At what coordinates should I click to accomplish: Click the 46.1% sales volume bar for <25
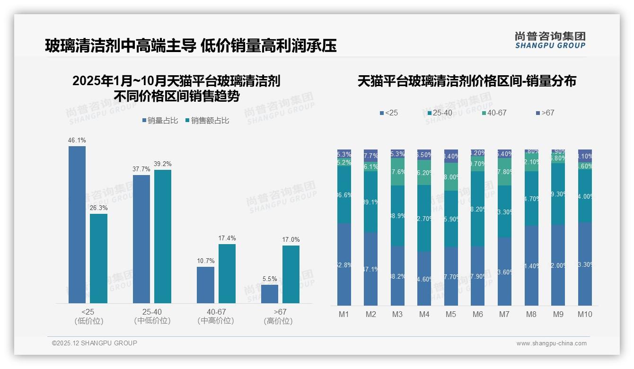pos(77,224)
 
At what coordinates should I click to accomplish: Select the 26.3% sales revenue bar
pos(98,258)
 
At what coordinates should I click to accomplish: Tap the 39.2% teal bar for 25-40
pos(163,236)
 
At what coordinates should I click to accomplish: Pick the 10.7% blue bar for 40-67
pos(205,285)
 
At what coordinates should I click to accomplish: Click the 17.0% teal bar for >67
pos(291,274)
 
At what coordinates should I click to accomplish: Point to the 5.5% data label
pos(269,279)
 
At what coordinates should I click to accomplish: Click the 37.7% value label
pos(141,169)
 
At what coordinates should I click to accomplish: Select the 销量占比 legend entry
pos(160,121)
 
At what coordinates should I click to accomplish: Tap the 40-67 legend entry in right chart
pos(494,113)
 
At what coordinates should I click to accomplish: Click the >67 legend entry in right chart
pos(545,113)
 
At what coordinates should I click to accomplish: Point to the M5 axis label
pos(451,314)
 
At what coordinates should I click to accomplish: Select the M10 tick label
pos(585,314)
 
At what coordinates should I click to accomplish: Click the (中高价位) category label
pos(216,321)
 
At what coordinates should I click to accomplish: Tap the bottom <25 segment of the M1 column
pos(344,264)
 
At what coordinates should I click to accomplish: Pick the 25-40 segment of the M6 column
pos(478,209)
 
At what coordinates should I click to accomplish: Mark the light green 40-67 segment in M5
pos(451,176)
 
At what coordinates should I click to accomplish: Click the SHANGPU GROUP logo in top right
pos(550,40)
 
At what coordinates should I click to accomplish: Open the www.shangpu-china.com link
pos(551,343)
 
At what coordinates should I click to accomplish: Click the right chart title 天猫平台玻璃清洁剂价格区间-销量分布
pos(467,81)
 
